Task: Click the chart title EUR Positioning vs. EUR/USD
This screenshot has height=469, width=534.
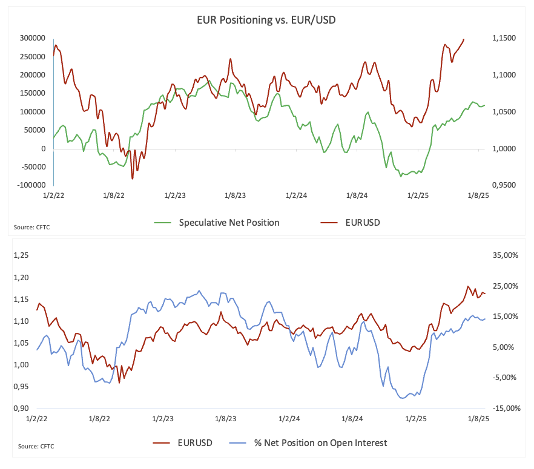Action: coord(266,20)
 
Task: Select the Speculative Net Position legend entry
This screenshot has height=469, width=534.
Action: coord(217,223)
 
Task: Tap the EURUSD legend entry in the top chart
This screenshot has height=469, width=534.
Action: coord(350,223)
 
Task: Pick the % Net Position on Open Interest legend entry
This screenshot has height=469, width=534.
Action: coord(308,443)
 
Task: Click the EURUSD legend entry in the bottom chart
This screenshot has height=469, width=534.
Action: coord(183,443)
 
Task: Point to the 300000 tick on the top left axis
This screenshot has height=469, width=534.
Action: coord(32,38)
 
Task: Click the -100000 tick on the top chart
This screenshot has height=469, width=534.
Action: coord(31,185)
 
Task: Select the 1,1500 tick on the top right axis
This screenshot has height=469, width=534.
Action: coord(504,38)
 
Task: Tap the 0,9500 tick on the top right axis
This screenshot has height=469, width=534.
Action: coord(504,185)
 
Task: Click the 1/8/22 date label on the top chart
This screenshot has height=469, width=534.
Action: coord(114,195)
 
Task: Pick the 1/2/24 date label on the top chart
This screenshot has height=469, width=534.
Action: coord(296,195)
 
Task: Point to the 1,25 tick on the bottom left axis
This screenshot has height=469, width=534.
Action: coord(21,255)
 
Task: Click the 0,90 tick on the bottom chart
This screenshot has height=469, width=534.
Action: coord(21,408)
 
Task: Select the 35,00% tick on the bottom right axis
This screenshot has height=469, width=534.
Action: coord(506,255)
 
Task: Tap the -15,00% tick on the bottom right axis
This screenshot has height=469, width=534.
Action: coord(506,408)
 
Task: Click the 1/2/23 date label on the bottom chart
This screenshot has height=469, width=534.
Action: coord(163,419)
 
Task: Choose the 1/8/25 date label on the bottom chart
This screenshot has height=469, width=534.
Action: coord(478,419)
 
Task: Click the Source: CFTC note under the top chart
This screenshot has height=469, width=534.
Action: coord(31,228)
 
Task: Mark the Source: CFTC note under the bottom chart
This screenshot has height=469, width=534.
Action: coord(36,446)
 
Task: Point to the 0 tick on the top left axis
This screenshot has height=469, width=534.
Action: coord(43,149)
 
